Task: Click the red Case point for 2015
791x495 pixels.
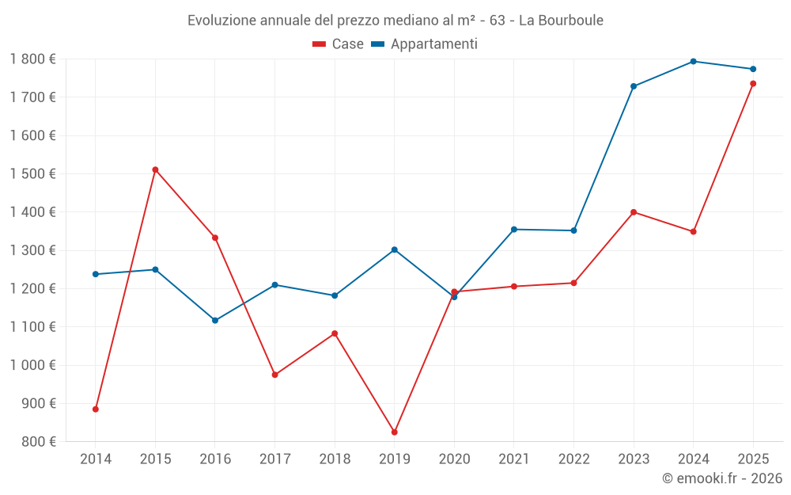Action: point(155,169)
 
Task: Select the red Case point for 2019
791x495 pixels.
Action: point(394,432)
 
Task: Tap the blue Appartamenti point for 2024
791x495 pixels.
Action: point(693,61)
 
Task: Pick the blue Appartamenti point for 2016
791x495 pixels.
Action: point(215,321)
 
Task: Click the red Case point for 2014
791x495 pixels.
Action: point(96,409)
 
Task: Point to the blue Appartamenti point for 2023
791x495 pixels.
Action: point(634,86)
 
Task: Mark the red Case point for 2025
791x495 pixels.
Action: point(753,84)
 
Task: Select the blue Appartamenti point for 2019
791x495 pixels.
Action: point(394,249)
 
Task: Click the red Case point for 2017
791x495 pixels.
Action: point(274,375)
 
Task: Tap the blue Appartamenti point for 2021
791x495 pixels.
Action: point(514,230)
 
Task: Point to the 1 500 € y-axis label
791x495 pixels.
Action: point(32,173)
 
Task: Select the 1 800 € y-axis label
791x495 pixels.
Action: point(32,59)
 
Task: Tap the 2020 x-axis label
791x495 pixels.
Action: point(454,459)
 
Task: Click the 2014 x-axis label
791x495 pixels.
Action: point(96,459)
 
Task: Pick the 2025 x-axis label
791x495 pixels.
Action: point(753,459)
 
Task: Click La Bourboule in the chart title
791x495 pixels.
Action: point(561,20)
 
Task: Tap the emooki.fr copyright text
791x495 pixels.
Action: point(722,478)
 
